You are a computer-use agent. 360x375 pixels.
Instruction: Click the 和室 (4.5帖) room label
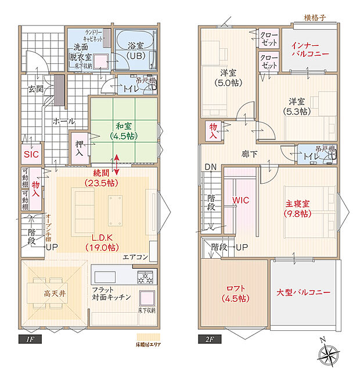coord(124,130)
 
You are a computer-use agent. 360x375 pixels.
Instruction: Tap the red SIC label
coord(31,154)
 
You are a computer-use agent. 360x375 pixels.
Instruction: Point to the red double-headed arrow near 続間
coord(118,165)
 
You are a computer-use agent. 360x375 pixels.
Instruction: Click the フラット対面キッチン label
coord(111,293)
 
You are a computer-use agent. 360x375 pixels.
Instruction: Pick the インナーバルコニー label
coord(310,49)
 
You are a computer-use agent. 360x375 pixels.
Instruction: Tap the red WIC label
coord(240,200)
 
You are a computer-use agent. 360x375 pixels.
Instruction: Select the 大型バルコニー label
coord(304,292)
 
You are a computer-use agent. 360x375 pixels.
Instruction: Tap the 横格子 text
coord(315,17)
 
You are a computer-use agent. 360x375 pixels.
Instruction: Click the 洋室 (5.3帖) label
coord(296,105)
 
